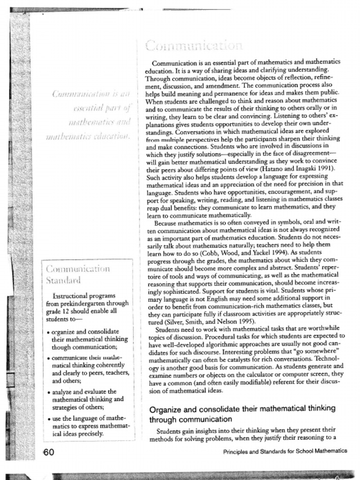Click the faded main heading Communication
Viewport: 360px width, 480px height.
pyautogui.click(x=194, y=46)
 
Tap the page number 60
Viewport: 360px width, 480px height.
pyautogui.click(x=49, y=452)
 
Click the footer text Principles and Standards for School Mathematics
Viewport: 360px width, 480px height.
pyautogui.click(x=285, y=451)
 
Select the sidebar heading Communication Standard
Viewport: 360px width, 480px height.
pyautogui.click(x=78, y=275)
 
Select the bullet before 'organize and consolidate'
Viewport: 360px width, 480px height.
pyautogui.click(x=49, y=332)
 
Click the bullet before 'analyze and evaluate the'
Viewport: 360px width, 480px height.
pyautogui.click(x=49, y=392)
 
